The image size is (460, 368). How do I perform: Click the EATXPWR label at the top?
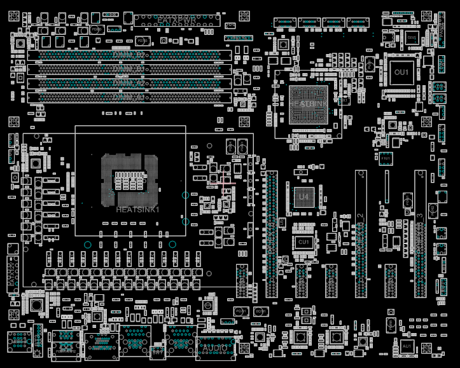coord(176,20)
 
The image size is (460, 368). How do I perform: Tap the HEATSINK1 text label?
coord(137,209)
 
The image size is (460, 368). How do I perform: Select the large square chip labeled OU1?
coord(402,72)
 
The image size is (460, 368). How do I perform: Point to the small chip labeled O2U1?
coord(412,39)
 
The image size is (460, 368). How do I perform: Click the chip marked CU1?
coord(303,242)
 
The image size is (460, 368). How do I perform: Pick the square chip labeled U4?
coord(303,197)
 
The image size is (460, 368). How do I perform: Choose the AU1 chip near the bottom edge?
coord(407,346)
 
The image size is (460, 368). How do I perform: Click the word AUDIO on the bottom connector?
coord(215,348)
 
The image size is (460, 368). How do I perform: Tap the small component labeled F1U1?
coord(386,157)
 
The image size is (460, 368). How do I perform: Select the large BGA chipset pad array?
coord(309,104)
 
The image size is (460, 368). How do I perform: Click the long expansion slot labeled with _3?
coord(420,234)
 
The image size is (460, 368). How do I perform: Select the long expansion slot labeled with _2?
coord(361,234)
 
